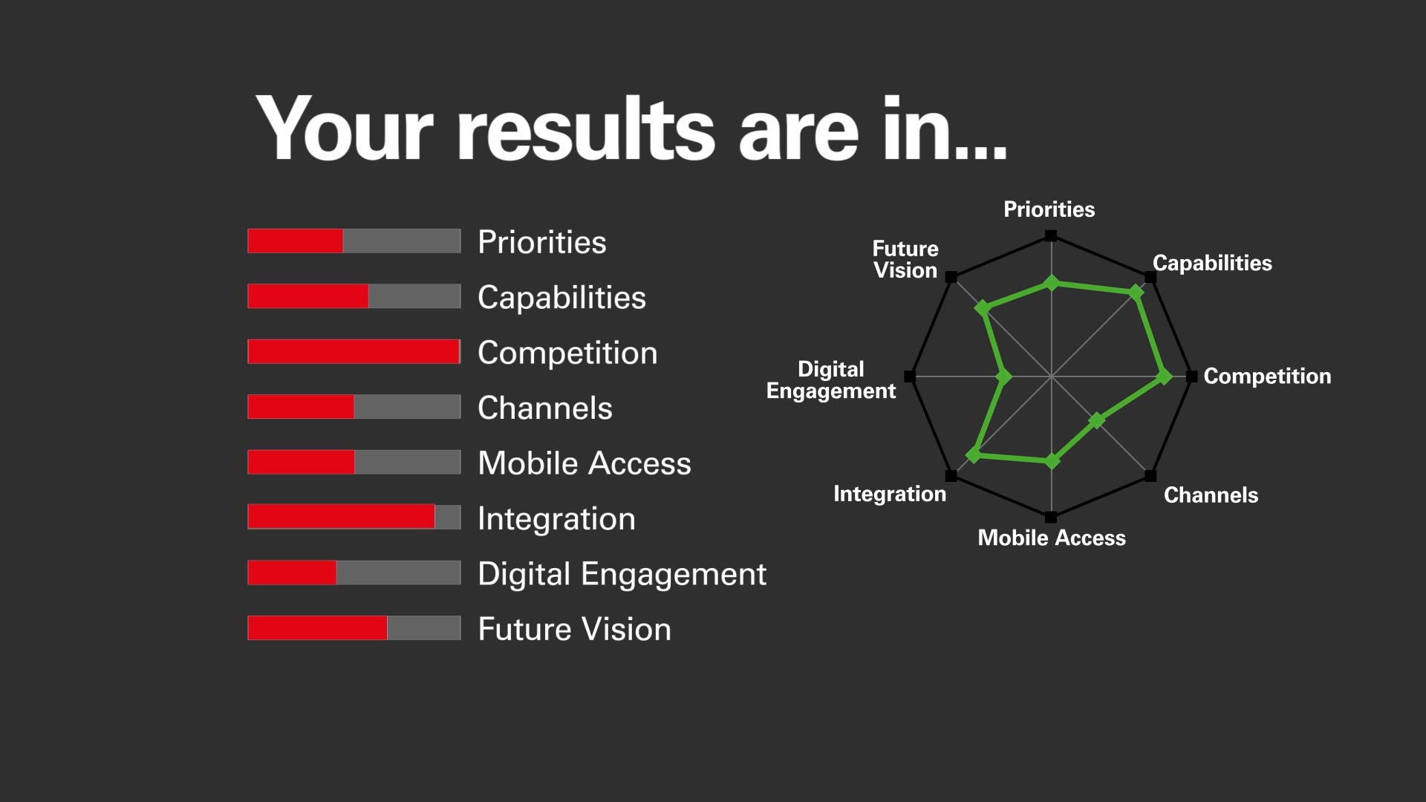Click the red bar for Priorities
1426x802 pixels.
click(295, 241)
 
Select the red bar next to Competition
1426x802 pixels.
click(354, 352)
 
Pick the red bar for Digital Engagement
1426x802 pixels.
click(292, 573)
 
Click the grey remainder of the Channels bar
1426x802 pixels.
click(408, 407)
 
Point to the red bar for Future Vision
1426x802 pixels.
click(317, 628)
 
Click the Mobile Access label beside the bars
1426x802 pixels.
click(585, 463)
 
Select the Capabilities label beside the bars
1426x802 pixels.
click(561, 298)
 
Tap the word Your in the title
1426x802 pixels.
click(345, 128)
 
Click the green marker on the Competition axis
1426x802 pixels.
click(1165, 377)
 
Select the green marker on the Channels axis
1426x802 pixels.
click(1097, 421)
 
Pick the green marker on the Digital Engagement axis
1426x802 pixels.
click(1004, 376)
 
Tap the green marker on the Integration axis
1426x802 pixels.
click(974, 454)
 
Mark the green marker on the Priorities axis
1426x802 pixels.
click(1051, 283)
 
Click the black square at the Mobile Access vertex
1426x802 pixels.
click(1051, 517)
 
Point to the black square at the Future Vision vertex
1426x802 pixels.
click(951, 277)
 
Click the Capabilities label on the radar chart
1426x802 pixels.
click(1212, 263)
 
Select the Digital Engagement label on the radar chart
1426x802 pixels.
click(831, 380)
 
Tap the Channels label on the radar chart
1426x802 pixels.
click(1211, 495)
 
